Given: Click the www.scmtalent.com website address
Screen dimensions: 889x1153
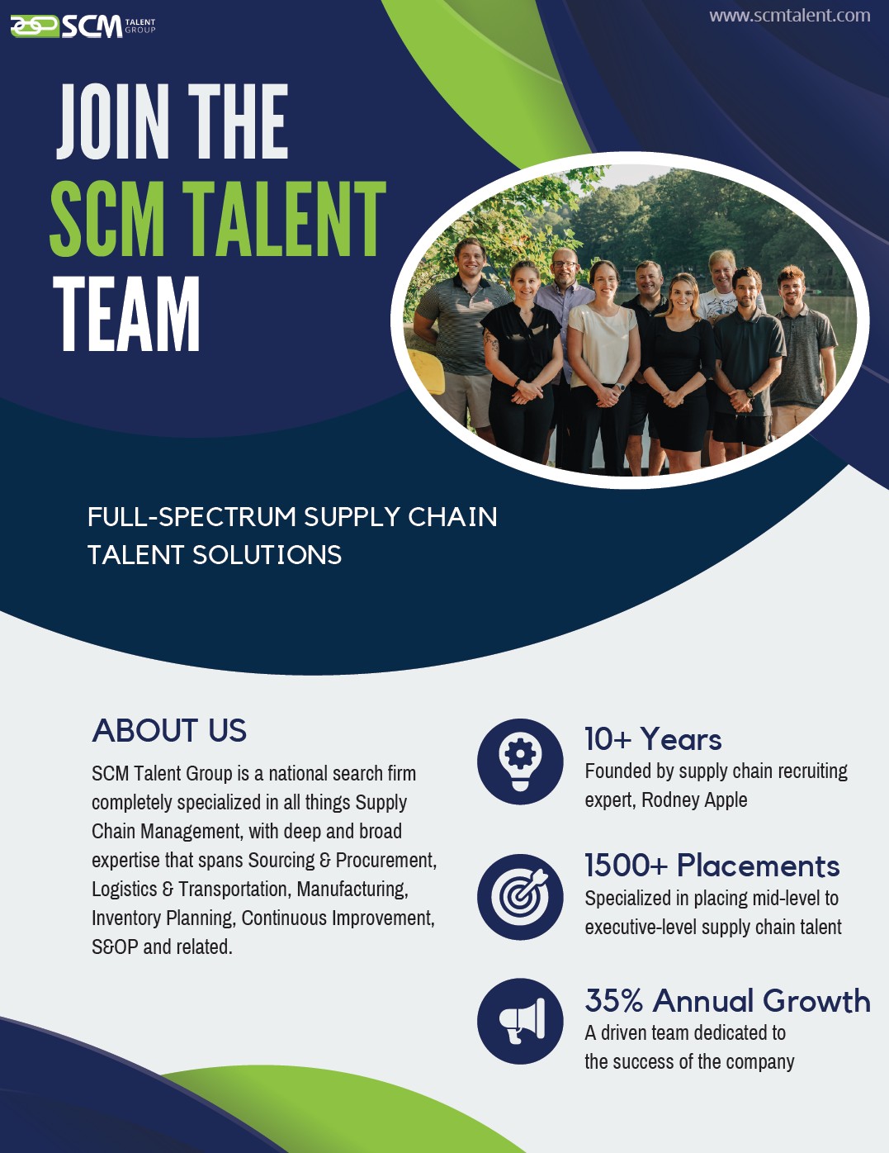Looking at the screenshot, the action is tap(790, 16).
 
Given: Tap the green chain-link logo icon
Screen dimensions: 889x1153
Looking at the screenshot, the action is tap(35, 26).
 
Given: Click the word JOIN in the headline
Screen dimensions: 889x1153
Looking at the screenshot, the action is tap(113, 121).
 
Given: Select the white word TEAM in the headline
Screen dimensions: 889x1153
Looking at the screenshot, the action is tap(126, 314).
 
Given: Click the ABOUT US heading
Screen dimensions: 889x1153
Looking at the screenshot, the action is tap(169, 731).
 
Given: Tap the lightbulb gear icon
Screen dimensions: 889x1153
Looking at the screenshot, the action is tap(520, 762).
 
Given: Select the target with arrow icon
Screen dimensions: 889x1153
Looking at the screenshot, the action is tap(520, 897).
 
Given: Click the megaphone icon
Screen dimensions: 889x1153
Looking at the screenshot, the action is tap(520, 1022).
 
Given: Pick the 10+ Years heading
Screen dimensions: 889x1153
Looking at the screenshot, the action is tap(653, 739).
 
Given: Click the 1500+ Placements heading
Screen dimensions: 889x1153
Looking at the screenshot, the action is tap(712, 866).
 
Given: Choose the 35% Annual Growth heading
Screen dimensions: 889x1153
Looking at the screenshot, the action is tap(728, 1001).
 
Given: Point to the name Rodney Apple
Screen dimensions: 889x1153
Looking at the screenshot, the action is tap(694, 800).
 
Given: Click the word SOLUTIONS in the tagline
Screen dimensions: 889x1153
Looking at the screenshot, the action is tap(267, 556).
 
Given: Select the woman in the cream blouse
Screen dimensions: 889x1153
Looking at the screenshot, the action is tap(603, 366).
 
